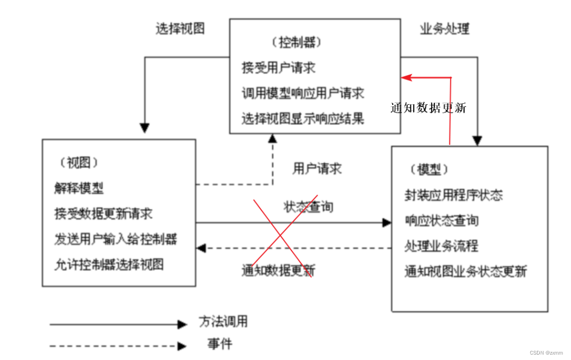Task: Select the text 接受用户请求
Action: click(x=278, y=68)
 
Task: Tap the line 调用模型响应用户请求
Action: click(x=303, y=93)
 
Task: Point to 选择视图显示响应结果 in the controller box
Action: click(x=303, y=118)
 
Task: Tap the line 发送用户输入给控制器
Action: click(x=116, y=238)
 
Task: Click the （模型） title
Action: click(x=429, y=169)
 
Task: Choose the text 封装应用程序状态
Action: click(x=454, y=195)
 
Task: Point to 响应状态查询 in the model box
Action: click(x=441, y=221)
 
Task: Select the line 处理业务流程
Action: click(x=441, y=246)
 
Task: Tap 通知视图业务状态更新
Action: click(x=466, y=271)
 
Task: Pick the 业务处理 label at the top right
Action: click(x=445, y=29)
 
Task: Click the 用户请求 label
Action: click(x=317, y=169)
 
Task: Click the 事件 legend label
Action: click(x=220, y=343)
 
